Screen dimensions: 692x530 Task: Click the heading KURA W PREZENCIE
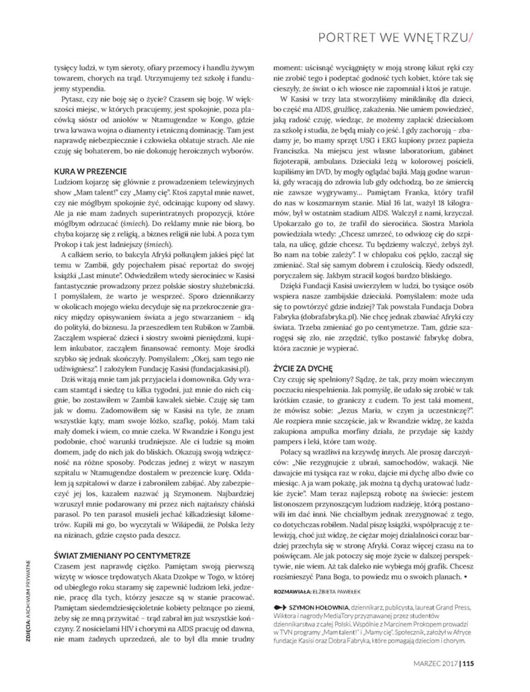(x=87, y=171)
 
